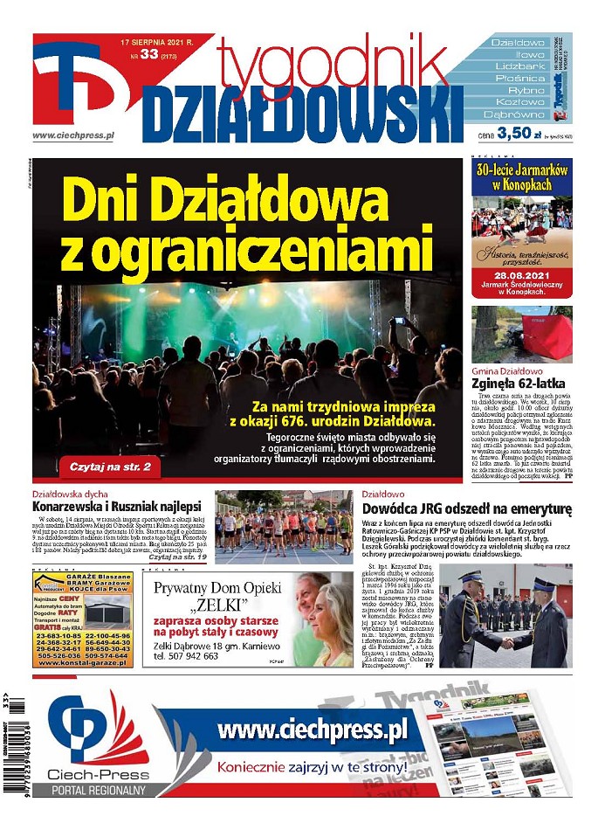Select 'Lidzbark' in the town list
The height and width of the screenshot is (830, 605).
[519, 66]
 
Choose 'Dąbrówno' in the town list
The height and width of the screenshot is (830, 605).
[517, 114]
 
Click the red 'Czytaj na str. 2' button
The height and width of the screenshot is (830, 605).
[110, 467]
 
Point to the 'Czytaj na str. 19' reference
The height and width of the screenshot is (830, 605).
[177, 557]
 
